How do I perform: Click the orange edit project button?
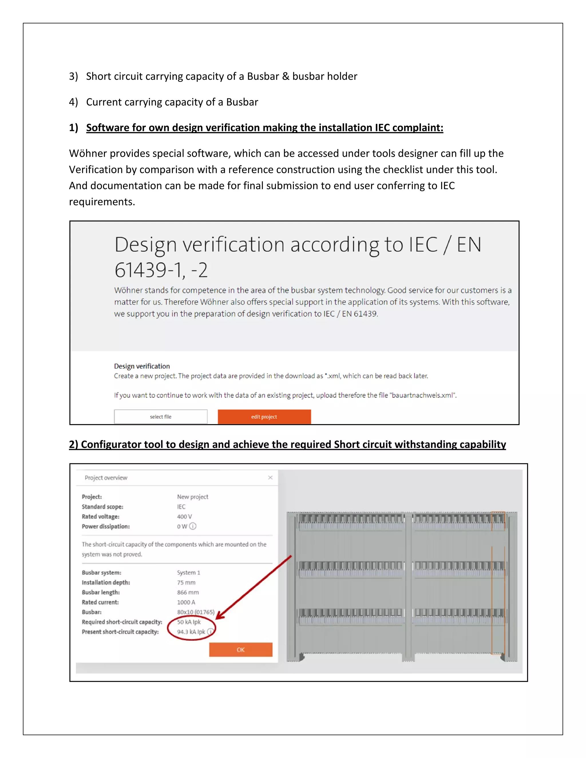point(264,416)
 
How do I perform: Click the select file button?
point(161,416)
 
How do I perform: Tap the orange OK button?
point(241,649)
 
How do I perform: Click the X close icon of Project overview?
point(270,478)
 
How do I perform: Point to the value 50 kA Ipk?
point(189,622)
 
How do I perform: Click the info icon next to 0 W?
point(193,526)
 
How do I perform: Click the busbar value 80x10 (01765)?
point(195,612)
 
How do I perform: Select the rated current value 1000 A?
point(186,602)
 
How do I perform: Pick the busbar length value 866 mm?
point(188,592)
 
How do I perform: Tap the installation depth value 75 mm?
point(186,582)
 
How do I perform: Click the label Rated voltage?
point(100,516)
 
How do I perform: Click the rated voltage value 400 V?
point(184,516)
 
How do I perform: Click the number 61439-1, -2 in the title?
point(161,270)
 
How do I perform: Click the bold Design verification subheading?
point(142,366)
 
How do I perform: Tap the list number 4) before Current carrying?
point(73,102)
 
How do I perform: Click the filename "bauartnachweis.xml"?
point(423,395)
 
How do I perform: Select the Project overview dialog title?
point(106,478)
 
